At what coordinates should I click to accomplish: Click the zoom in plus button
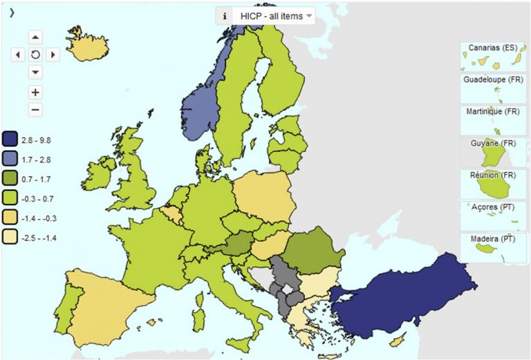35,92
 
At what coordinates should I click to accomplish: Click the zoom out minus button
35,109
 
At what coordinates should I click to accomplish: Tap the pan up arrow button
35,37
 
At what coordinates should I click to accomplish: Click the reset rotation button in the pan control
35,54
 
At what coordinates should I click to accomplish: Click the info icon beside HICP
224,16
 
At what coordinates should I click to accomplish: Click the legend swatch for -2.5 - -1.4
10,237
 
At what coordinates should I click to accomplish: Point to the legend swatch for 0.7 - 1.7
10,179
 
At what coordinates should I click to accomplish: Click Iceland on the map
89,46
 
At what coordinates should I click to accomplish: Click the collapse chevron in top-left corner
12,12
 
